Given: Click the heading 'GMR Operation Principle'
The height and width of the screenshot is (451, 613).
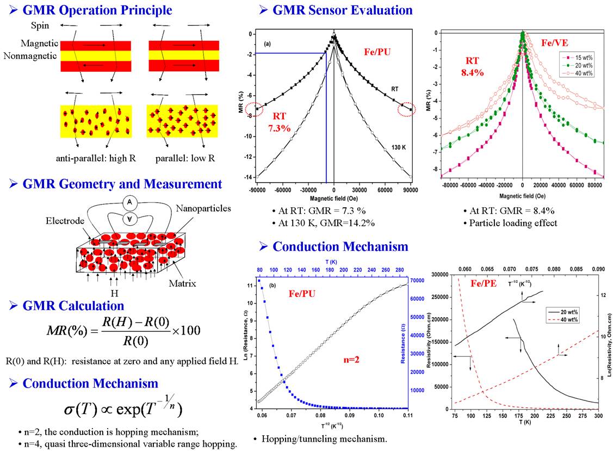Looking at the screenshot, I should coord(97,10).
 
